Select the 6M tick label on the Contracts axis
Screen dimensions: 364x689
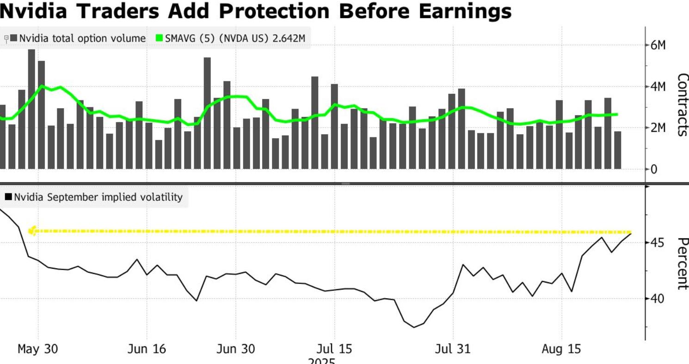click(658, 46)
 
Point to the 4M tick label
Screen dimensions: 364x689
click(658, 87)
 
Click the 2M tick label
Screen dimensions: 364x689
click(658, 128)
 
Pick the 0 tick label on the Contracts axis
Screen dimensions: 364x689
click(654, 169)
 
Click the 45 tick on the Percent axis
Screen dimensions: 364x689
click(657, 242)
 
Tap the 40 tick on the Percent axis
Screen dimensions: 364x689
click(657, 298)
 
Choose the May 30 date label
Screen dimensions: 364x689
click(38, 349)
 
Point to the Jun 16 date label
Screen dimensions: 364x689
click(146, 349)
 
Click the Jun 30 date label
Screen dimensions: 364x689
click(235, 349)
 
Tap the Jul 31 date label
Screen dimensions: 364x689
click(453, 349)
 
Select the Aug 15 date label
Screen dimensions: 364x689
click(561, 349)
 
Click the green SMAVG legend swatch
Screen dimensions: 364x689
click(159, 38)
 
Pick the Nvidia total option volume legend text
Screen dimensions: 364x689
click(82, 38)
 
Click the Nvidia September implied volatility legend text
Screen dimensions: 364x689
click(98, 197)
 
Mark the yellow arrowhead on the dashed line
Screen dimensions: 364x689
click(32, 231)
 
